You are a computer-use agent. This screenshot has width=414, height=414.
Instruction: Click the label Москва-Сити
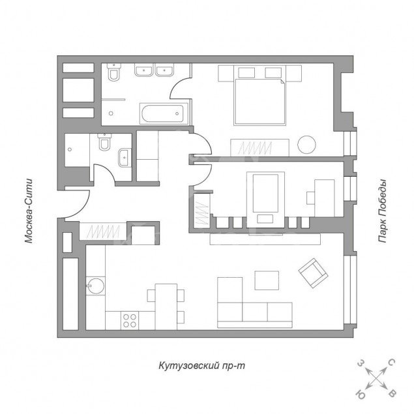(x=29, y=211)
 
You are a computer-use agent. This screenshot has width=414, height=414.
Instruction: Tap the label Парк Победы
(x=382, y=211)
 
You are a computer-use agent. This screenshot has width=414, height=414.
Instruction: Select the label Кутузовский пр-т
(x=202, y=366)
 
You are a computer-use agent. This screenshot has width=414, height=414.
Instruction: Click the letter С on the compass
(x=392, y=363)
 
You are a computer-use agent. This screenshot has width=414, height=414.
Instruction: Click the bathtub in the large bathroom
(x=162, y=113)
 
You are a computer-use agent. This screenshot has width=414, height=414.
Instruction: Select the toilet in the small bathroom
(x=104, y=142)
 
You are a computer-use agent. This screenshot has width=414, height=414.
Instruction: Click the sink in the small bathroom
(x=125, y=158)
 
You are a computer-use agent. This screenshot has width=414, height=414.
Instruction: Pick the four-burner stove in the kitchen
(x=130, y=320)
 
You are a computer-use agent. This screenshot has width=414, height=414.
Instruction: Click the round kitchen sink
(x=96, y=286)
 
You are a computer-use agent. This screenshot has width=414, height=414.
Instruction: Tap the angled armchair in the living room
(x=313, y=273)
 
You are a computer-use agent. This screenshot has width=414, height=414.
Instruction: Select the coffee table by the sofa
(x=267, y=280)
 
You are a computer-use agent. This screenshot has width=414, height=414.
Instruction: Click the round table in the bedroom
(x=306, y=145)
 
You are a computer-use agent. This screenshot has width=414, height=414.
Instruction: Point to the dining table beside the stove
(x=166, y=306)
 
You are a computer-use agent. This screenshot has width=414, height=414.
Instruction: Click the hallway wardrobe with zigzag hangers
(x=103, y=231)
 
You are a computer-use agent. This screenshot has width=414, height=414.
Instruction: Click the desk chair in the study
(x=310, y=198)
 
